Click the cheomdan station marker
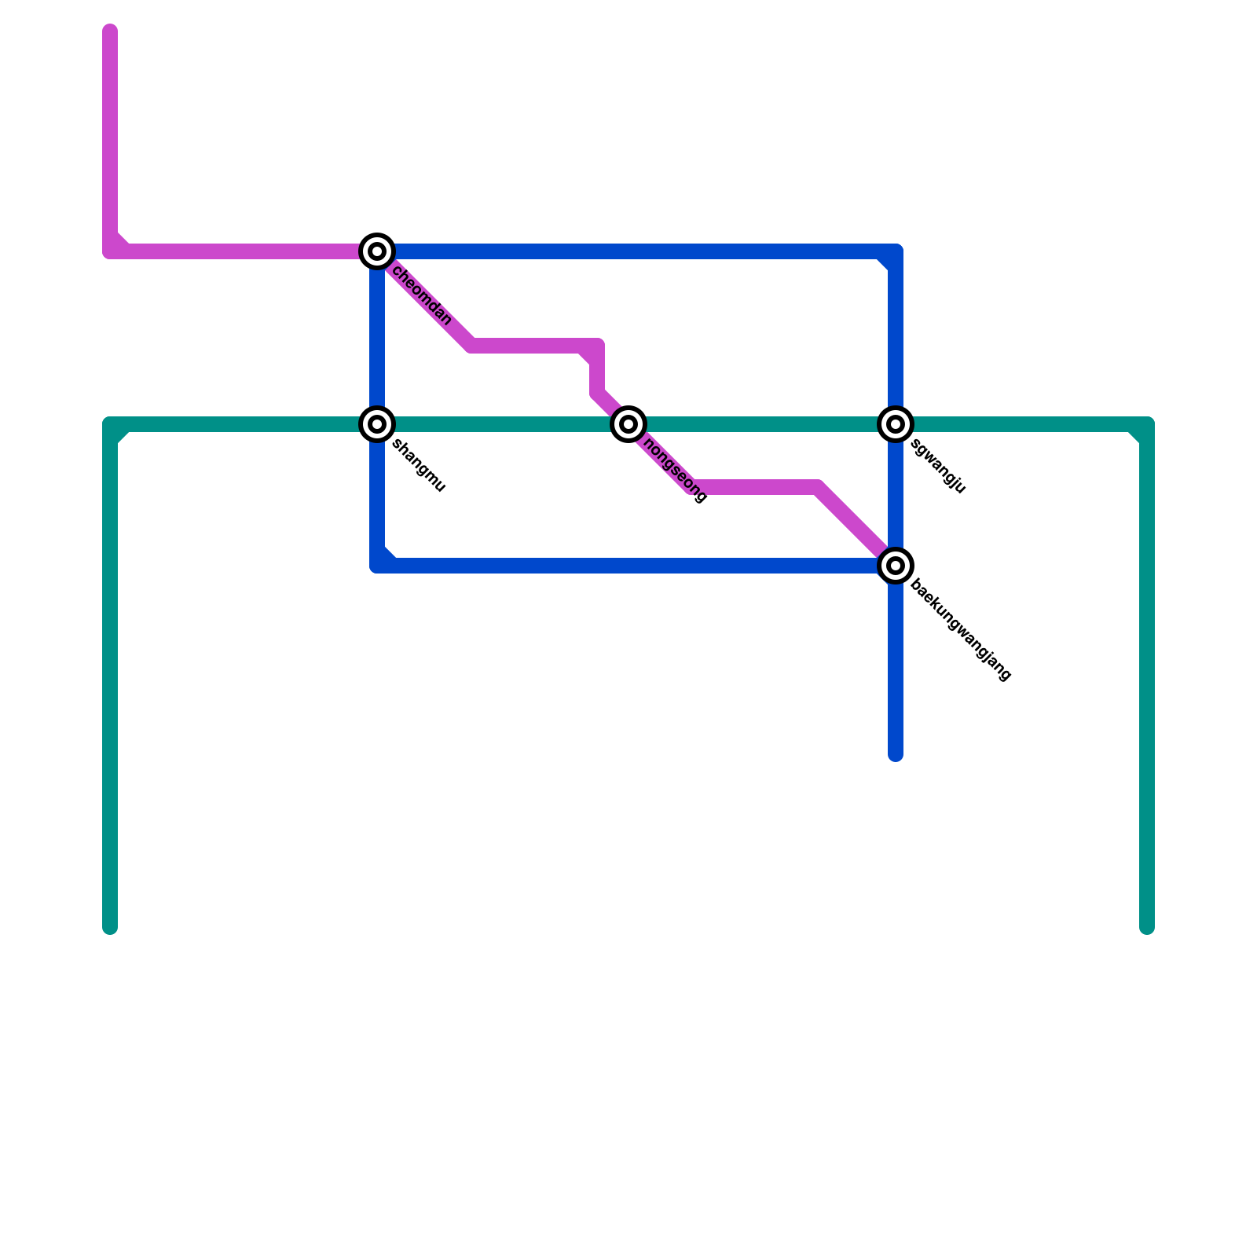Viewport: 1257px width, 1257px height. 377,251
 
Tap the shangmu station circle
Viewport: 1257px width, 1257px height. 377,424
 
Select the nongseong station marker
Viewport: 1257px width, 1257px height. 628,424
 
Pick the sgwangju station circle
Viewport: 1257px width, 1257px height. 896,424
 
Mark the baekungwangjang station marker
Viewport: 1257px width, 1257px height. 896,566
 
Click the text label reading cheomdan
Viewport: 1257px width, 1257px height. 422,296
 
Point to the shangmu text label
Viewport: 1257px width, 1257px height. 419,466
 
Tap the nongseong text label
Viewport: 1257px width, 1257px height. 675,470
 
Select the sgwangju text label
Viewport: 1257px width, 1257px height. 938,467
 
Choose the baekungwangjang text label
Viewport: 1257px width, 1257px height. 961,631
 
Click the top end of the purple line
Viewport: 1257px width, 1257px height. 110,31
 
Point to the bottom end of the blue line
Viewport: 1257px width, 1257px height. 896,756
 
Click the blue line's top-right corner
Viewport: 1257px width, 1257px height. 896,251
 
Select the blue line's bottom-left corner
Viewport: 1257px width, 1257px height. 377,566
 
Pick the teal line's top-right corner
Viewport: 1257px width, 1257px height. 1147,424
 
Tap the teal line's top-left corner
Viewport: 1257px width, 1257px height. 110,424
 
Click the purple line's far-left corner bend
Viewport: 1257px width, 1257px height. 110,251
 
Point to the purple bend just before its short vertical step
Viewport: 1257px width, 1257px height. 597,346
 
